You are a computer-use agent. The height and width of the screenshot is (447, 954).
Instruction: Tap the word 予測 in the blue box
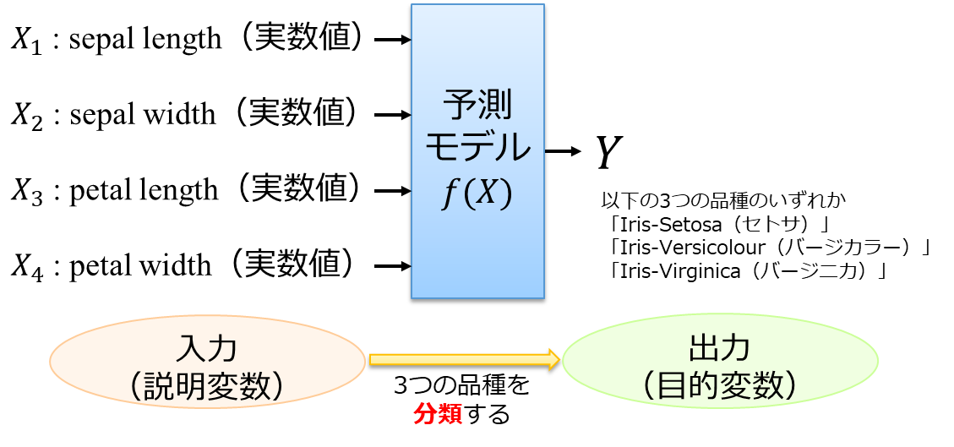click(x=477, y=106)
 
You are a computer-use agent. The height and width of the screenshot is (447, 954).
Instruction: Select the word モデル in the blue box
click(x=477, y=149)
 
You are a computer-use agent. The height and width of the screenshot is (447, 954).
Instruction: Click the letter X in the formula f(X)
click(x=486, y=194)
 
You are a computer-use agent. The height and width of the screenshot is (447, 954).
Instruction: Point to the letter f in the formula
click(x=450, y=195)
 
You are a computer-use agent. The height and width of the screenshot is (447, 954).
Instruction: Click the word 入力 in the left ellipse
click(x=207, y=348)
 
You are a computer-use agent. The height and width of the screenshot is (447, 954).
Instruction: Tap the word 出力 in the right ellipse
click(x=720, y=348)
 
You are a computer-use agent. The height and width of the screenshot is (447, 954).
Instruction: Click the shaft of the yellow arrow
click(x=456, y=359)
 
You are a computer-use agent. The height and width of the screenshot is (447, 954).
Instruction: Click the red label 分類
click(x=438, y=415)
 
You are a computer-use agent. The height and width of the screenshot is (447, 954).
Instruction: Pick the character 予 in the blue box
click(x=460, y=106)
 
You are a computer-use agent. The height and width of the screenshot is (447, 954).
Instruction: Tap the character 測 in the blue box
click(x=496, y=106)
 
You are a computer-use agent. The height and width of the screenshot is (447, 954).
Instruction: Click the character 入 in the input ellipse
click(x=192, y=348)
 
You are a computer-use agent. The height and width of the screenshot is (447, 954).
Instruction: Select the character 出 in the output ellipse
click(x=705, y=348)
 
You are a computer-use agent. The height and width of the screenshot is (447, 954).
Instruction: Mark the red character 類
click(x=450, y=415)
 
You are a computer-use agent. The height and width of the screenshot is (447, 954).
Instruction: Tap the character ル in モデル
click(x=513, y=149)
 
